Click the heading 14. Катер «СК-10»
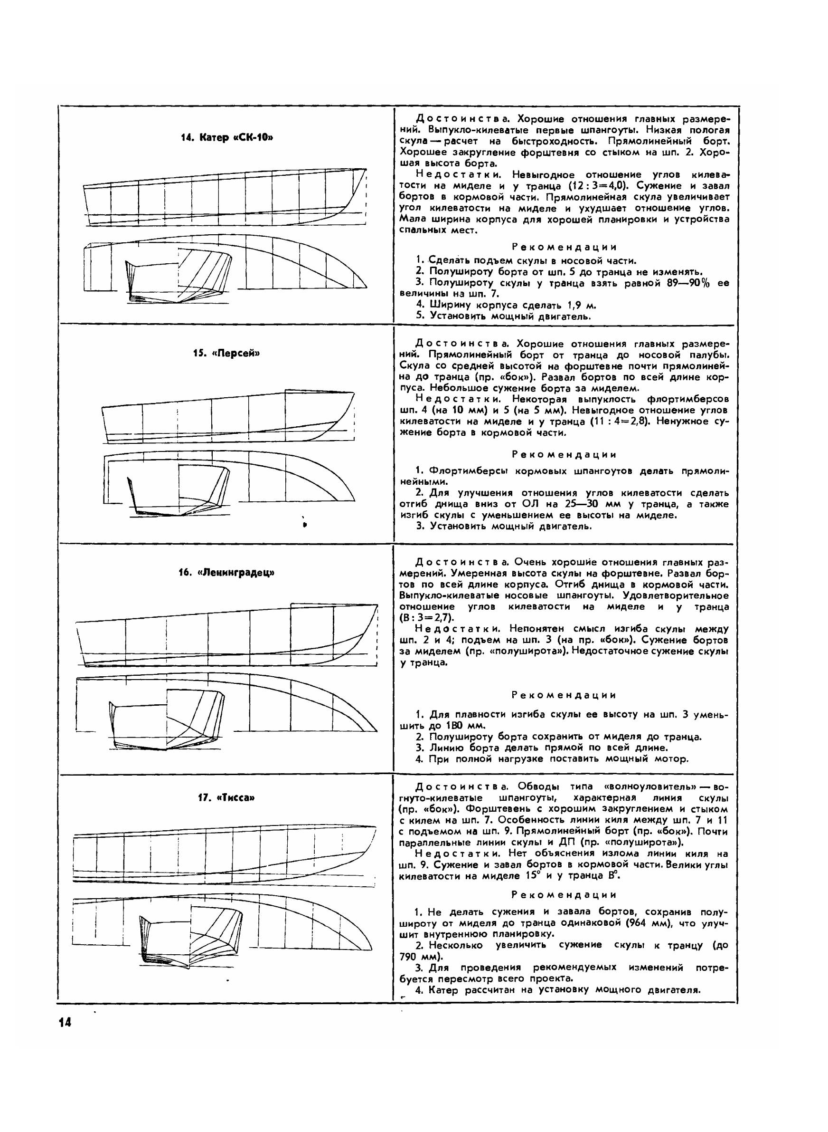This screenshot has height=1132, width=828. coord(227,137)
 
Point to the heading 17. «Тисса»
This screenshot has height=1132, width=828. coord(226,798)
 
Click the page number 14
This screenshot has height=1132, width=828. coord(65,1023)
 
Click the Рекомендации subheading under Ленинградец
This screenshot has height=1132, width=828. coord(564,695)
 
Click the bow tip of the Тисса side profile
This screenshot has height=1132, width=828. coord(376,826)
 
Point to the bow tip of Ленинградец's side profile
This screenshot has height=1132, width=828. coord(377,605)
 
